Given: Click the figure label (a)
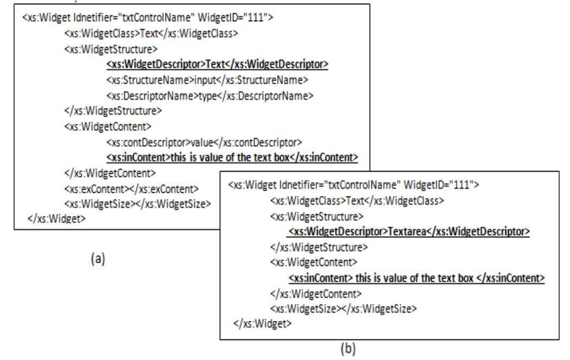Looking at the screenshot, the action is coord(98,258).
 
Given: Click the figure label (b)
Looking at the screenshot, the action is coord(348,349).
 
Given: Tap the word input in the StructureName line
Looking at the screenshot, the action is coord(205,80).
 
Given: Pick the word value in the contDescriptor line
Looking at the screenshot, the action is coord(202,142).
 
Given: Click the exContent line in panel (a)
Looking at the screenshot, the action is coord(131,189).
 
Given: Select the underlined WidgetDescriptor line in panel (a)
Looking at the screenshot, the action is coord(217,65).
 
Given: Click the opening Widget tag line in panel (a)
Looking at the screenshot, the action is coord(148,17).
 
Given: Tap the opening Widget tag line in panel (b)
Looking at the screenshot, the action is coord(353,185).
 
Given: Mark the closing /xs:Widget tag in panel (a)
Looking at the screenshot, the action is coord(56,218).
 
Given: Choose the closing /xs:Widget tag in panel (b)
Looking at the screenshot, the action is coord(262,323).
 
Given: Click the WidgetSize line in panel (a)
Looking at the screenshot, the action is coord(137,204).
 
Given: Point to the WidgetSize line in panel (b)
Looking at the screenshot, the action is coord(343,309).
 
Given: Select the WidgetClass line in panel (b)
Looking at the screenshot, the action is coord(357,201).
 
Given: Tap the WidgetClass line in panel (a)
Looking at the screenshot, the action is coord(151,34).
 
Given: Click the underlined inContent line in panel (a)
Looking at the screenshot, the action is coord(232,157).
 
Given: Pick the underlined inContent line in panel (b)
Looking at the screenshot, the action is coord(416,278).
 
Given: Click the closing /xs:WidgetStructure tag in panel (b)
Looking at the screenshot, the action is coord(319,247).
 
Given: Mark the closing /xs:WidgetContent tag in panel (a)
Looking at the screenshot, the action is coord(110,173).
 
